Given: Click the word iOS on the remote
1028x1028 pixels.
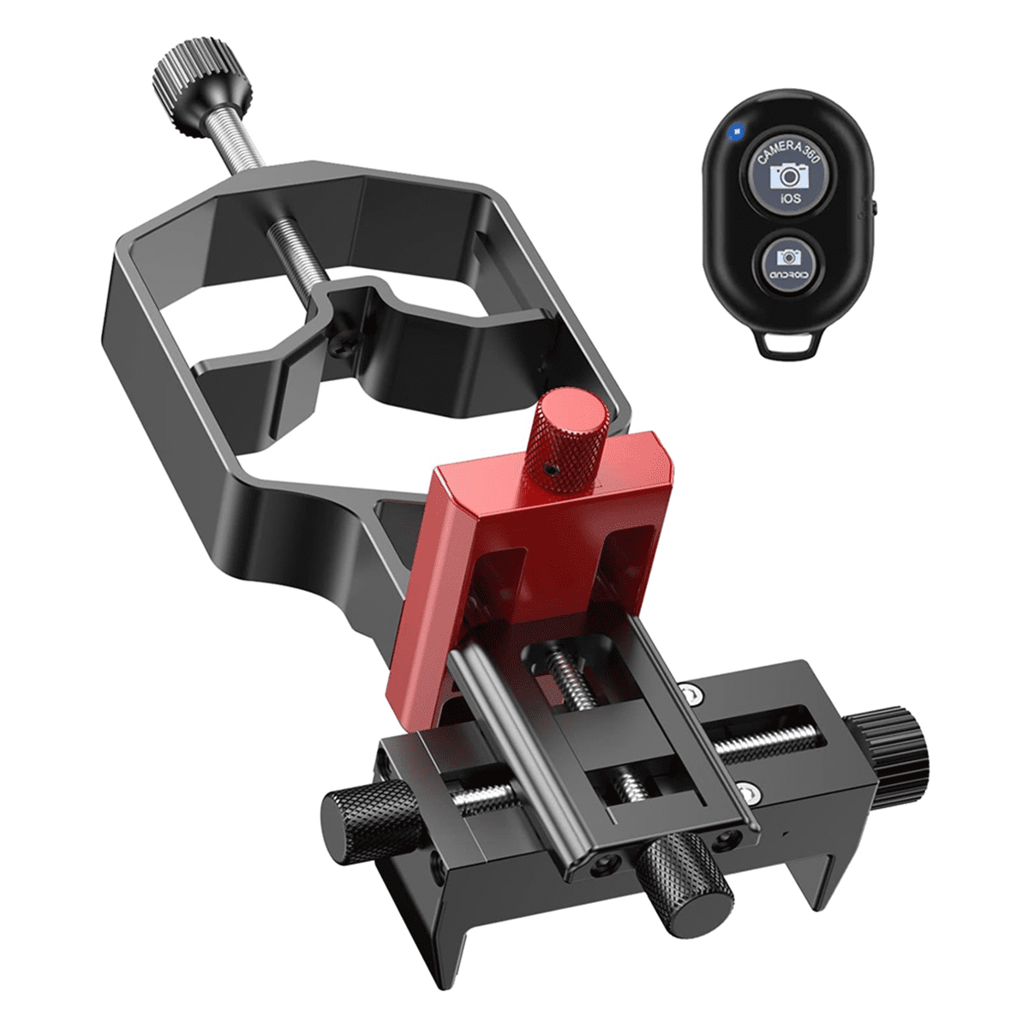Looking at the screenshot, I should (x=790, y=199).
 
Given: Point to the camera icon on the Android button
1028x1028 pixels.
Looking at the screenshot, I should (x=788, y=255).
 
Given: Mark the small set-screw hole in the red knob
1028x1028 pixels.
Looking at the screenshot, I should (x=549, y=469).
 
